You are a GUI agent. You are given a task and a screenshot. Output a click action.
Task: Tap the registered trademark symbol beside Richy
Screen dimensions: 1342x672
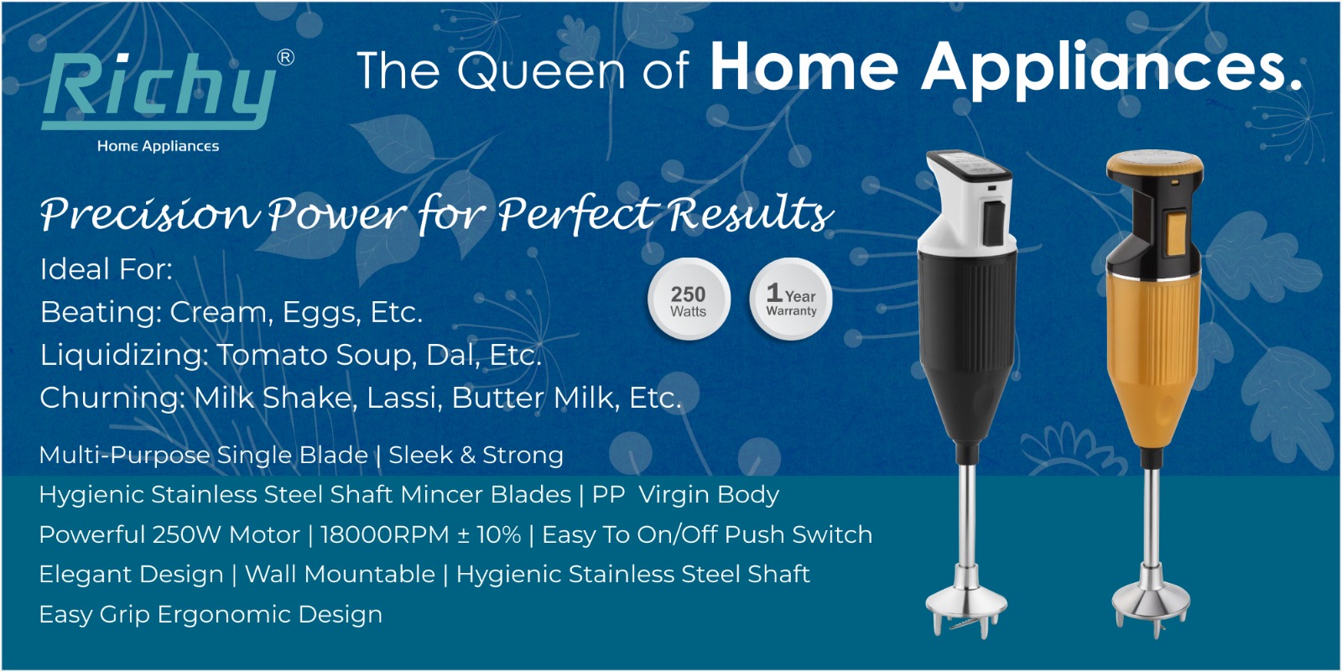tap(286, 58)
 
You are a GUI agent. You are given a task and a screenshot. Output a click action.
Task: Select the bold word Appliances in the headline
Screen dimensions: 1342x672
tap(1111, 69)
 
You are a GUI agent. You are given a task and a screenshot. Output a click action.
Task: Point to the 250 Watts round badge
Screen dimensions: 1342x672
tap(689, 300)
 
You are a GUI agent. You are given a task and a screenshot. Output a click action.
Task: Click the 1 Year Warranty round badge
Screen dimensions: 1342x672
tap(791, 300)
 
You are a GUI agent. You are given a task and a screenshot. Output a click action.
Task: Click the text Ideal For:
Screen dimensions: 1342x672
tap(106, 269)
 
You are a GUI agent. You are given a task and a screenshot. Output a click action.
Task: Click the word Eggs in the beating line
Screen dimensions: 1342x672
tap(322, 313)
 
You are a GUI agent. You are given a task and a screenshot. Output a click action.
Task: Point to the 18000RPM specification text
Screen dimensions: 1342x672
tap(385, 534)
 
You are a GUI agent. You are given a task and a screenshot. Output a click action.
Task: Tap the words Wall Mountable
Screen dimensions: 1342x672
tap(340, 575)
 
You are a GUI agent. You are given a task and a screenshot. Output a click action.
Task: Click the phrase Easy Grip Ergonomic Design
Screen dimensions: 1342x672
tap(211, 614)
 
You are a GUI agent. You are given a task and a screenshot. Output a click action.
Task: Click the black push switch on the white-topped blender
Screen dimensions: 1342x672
tap(995, 224)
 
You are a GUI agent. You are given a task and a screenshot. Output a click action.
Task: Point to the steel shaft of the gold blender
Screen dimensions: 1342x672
tap(1151, 517)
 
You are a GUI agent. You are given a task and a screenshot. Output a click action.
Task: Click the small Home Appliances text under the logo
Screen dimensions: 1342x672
tap(159, 146)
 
